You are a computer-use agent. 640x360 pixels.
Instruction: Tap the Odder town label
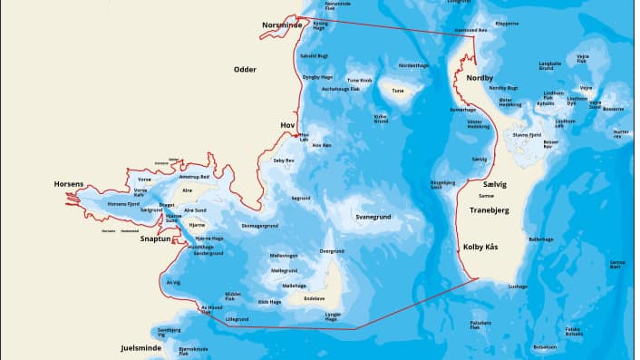click(x=245, y=69)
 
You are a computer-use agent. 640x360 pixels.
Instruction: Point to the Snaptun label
click(x=155, y=238)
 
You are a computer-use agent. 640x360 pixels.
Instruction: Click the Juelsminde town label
click(x=141, y=347)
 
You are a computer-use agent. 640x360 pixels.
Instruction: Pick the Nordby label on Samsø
click(x=480, y=78)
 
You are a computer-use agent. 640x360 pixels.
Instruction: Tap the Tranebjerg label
click(x=490, y=210)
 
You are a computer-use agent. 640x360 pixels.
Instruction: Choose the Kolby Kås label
click(x=480, y=247)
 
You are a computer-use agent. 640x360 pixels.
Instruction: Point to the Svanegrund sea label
click(x=373, y=218)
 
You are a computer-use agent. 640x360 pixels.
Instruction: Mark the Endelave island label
click(x=314, y=298)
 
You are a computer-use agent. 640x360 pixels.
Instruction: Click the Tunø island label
click(x=397, y=91)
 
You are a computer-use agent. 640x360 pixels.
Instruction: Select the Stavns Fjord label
click(x=526, y=135)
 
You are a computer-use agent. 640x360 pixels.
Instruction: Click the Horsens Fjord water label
click(x=123, y=204)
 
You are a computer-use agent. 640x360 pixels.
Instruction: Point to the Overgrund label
click(x=332, y=251)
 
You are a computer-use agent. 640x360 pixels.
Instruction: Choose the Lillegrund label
click(x=237, y=319)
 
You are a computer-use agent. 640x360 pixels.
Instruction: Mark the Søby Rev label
click(x=284, y=161)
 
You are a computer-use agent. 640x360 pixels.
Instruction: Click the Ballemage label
click(x=540, y=239)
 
